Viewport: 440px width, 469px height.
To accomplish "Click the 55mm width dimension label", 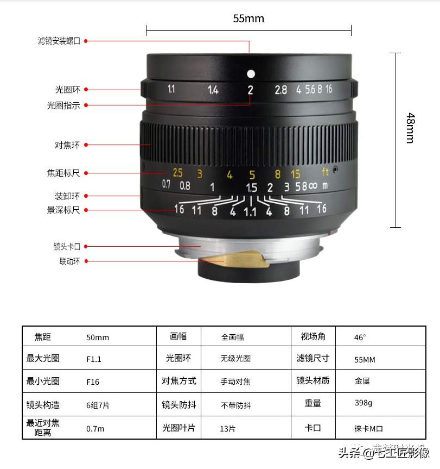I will (248, 19).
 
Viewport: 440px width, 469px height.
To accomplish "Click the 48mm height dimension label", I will (411, 128).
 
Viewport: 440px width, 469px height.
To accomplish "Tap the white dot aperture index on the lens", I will (250, 73).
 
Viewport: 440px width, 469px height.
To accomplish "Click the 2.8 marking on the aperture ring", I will (280, 90).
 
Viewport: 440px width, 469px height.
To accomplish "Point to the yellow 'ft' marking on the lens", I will (326, 173).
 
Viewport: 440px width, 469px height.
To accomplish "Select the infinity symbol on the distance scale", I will (313, 186).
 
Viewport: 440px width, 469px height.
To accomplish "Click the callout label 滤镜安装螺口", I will (59, 41).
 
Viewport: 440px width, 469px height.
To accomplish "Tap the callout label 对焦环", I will (67, 145).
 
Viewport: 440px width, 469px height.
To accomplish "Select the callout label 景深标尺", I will (63, 210).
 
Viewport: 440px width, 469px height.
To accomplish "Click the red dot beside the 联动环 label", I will (86, 261).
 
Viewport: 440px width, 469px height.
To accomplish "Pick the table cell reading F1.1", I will (94, 359).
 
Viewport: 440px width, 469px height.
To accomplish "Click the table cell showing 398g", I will (363, 403).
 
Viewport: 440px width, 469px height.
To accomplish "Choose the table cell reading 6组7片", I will (98, 405).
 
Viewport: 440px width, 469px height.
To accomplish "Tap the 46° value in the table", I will (360, 337).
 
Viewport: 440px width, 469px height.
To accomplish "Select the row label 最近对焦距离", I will (43, 428).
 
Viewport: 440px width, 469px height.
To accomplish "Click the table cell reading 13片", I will (228, 429).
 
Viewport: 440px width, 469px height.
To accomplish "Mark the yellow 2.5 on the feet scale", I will (177, 173).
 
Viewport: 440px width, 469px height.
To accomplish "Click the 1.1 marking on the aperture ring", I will (171, 90).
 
